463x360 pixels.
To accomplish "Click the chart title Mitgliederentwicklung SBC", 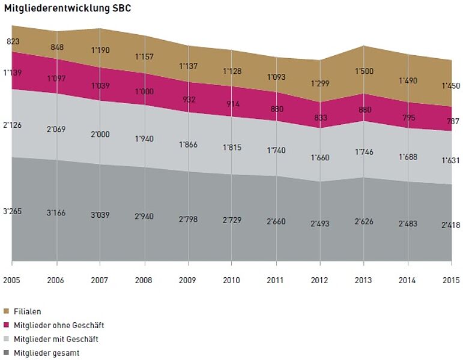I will click(67, 10).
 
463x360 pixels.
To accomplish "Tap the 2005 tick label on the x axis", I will click(12, 280).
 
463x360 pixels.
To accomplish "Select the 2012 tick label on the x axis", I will click(319, 280).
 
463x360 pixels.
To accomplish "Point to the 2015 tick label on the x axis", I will click(451, 280).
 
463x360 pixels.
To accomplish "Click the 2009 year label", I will click(188, 280).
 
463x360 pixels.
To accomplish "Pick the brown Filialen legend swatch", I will click(7, 311).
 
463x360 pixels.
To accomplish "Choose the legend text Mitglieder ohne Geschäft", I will click(59, 325).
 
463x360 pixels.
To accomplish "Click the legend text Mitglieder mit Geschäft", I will click(56, 339).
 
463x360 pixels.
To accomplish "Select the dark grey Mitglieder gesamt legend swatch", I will click(7, 353).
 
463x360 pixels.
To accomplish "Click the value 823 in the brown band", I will click(13, 42).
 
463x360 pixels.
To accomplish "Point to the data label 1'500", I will click(363, 71).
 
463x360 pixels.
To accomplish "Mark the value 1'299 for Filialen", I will click(320, 83).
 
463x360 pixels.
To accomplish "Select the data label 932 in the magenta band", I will click(189, 100).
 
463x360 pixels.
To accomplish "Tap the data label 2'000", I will click(100, 134).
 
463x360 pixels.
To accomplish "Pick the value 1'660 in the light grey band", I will click(320, 158).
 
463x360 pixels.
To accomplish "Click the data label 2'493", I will click(320, 224).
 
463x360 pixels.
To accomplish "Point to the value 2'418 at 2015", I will click(451, 226).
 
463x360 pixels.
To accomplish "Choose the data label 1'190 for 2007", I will click(100, 50).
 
